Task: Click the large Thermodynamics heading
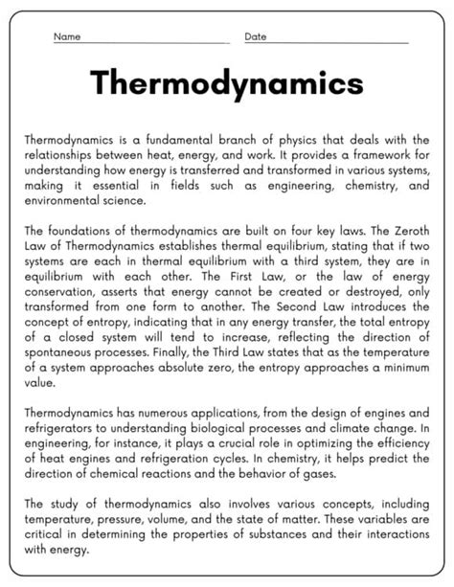point(227,84)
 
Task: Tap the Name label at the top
point(66,36)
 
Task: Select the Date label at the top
point(256,36)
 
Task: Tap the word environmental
point(63,202)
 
